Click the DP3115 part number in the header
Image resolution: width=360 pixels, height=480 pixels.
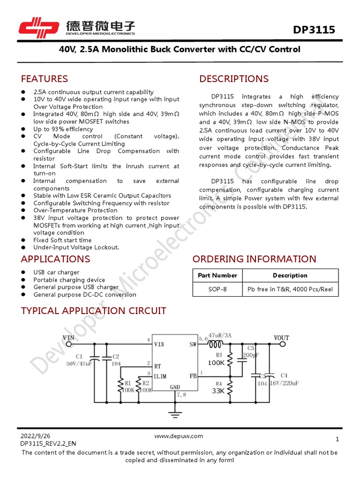tap(314, 30)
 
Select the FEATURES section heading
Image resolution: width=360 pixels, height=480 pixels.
tap(45, 79)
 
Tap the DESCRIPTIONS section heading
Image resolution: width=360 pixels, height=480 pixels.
tap(234, 79)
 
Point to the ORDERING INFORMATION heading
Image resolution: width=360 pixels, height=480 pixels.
tap(254, 259)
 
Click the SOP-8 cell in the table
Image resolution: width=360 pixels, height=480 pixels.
tap(217, 289)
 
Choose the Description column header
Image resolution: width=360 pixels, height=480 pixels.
tap(290, 275)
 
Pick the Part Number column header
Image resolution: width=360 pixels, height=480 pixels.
tap(217, 275)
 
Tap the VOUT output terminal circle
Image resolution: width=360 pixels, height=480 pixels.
tap(283, 345)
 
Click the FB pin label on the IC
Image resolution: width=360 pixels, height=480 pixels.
tap(193, 375)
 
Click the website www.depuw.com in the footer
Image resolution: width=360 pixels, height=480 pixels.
tap(179, 436)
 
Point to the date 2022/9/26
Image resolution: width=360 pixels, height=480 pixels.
tap(35, 436)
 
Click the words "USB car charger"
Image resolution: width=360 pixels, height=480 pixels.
tap(56, 272)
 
